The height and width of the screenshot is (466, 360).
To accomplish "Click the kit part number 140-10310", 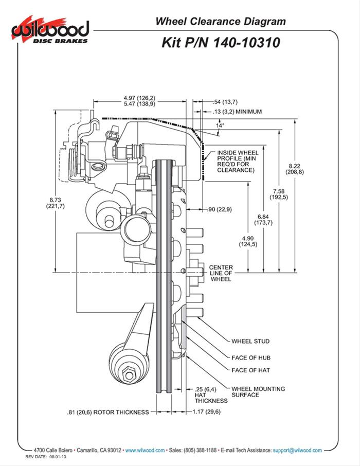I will [x=221, y=42].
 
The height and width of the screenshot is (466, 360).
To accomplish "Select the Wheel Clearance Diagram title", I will [x=220, y=21].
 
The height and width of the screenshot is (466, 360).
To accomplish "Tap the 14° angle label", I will [x=221, y=125].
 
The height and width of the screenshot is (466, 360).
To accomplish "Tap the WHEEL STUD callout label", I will [x=250, y=341].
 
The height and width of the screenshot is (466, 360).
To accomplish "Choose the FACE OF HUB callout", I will [x=251, y=357].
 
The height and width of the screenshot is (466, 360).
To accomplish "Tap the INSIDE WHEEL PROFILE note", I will [x=238, y=161].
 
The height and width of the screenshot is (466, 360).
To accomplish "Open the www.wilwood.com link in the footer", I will [x=145, y=450].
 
